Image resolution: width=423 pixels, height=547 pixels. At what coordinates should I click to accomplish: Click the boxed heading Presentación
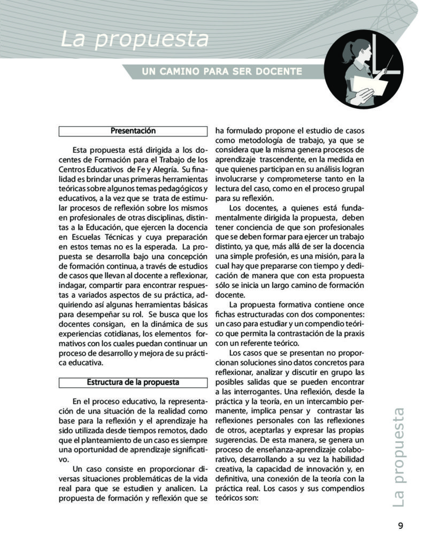point(133,131)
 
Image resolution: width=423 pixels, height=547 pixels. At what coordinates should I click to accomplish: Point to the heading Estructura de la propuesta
point(133,382)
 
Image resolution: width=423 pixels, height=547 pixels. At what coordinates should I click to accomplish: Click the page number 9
point(401,525)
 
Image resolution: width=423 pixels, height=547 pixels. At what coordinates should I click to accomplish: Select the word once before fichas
point(355,303)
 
